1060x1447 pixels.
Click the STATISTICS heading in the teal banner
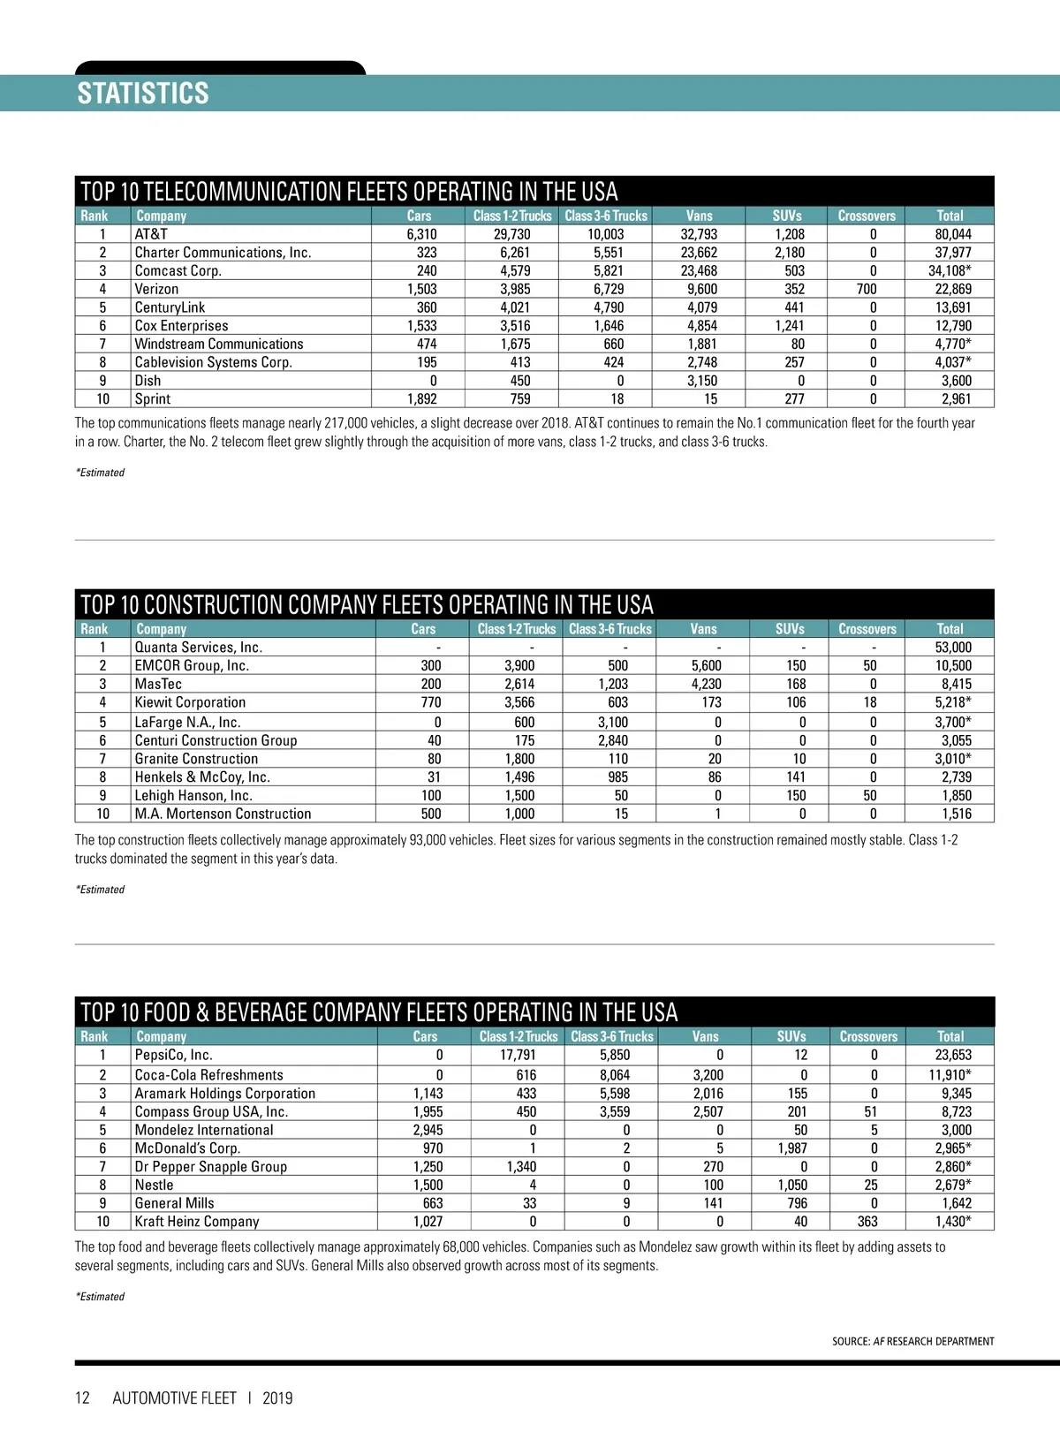(x=143, y=94)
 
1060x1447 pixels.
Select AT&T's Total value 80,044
(x=953, y=234)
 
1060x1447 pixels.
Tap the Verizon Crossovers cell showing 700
(x=867, y=289)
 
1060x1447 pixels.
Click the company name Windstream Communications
(x=218, y=344)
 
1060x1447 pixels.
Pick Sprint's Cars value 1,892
(x=422, y=398)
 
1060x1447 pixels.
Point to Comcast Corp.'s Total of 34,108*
(x=950, y=270)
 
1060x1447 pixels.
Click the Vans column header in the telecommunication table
(x=699, y=216)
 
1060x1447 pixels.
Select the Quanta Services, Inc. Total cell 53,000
(x=953, y=648)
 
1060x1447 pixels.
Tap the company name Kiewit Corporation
(x=190, y=702)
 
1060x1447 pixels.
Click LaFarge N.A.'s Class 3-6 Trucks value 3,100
(x=613, y=722)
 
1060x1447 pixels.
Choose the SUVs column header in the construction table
(x=790, y=629)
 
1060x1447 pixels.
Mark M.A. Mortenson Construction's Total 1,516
(x=956, y=814)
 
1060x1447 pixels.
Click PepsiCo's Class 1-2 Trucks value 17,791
(x=518, y=1055)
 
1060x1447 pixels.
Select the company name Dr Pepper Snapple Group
(x=210, y=1166)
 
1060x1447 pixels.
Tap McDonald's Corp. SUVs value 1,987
(x=792, y=1148)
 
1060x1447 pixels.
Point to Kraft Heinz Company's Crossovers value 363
(x=867, y=1221)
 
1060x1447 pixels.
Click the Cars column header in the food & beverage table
(x=425, y=1036)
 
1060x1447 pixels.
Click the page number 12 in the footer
(x=82, y=1398)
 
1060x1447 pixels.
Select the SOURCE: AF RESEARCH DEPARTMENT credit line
(x=912, y=1341)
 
